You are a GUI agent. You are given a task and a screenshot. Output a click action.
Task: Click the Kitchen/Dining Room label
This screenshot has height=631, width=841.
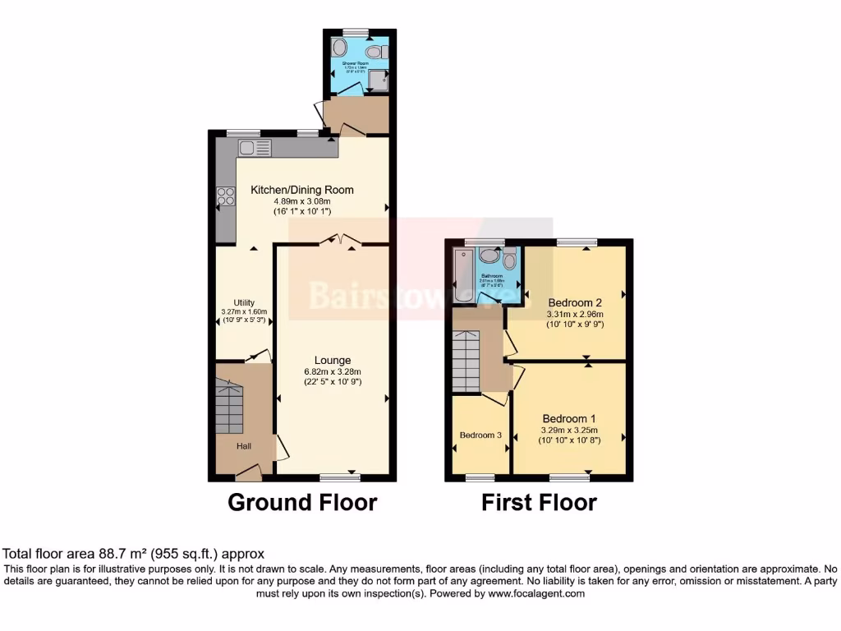coord(302,190)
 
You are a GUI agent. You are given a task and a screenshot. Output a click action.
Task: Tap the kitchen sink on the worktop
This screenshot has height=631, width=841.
coord(255,148)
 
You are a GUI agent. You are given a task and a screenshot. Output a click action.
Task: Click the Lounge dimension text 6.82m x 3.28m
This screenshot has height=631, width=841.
coord(332,371)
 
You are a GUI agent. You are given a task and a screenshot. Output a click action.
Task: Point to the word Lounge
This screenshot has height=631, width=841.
coord(333,360)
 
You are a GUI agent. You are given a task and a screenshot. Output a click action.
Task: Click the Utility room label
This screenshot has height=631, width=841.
coord(244,302)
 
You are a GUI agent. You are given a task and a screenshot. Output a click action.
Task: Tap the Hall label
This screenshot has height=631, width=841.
coord(244,446)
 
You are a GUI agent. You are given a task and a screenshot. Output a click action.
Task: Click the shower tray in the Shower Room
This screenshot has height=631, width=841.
coord(377,80)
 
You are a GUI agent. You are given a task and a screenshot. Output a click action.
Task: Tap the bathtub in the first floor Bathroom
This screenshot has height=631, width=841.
coord(464,276)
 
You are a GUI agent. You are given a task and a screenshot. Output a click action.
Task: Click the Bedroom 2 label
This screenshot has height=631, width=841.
coord(575,302)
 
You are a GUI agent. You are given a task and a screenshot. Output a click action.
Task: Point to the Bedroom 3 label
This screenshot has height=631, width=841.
coord(480,435)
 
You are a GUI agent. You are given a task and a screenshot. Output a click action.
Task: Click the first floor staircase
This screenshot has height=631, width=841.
coord(466,362)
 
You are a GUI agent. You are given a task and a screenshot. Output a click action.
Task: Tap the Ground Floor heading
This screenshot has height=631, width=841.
coord(302,502)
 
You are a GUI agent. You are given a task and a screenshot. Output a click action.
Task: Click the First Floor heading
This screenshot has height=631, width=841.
coord(539,502)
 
